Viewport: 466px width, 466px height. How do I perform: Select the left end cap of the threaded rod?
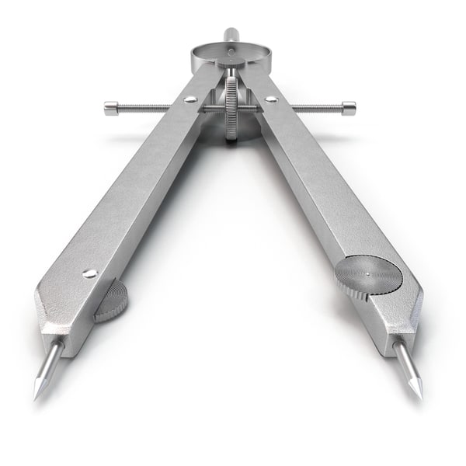tap(111, 109)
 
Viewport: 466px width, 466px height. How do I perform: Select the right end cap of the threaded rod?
tap(349, 108)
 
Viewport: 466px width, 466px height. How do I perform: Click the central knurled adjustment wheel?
tap(231, 109)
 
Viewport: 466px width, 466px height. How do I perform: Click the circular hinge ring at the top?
tap(231, 56)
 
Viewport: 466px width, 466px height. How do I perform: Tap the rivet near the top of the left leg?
tap(190, 99)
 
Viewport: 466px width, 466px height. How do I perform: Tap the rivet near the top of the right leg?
tap(271, 99)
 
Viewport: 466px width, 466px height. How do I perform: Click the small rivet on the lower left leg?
tap(90, 273)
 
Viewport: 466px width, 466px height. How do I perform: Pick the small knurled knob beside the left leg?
tap(112, 301)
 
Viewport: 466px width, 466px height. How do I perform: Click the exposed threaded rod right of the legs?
tap(311, 108)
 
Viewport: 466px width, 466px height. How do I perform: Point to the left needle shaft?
tap(49, 365)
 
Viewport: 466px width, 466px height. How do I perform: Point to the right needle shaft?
tap(407, 363)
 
